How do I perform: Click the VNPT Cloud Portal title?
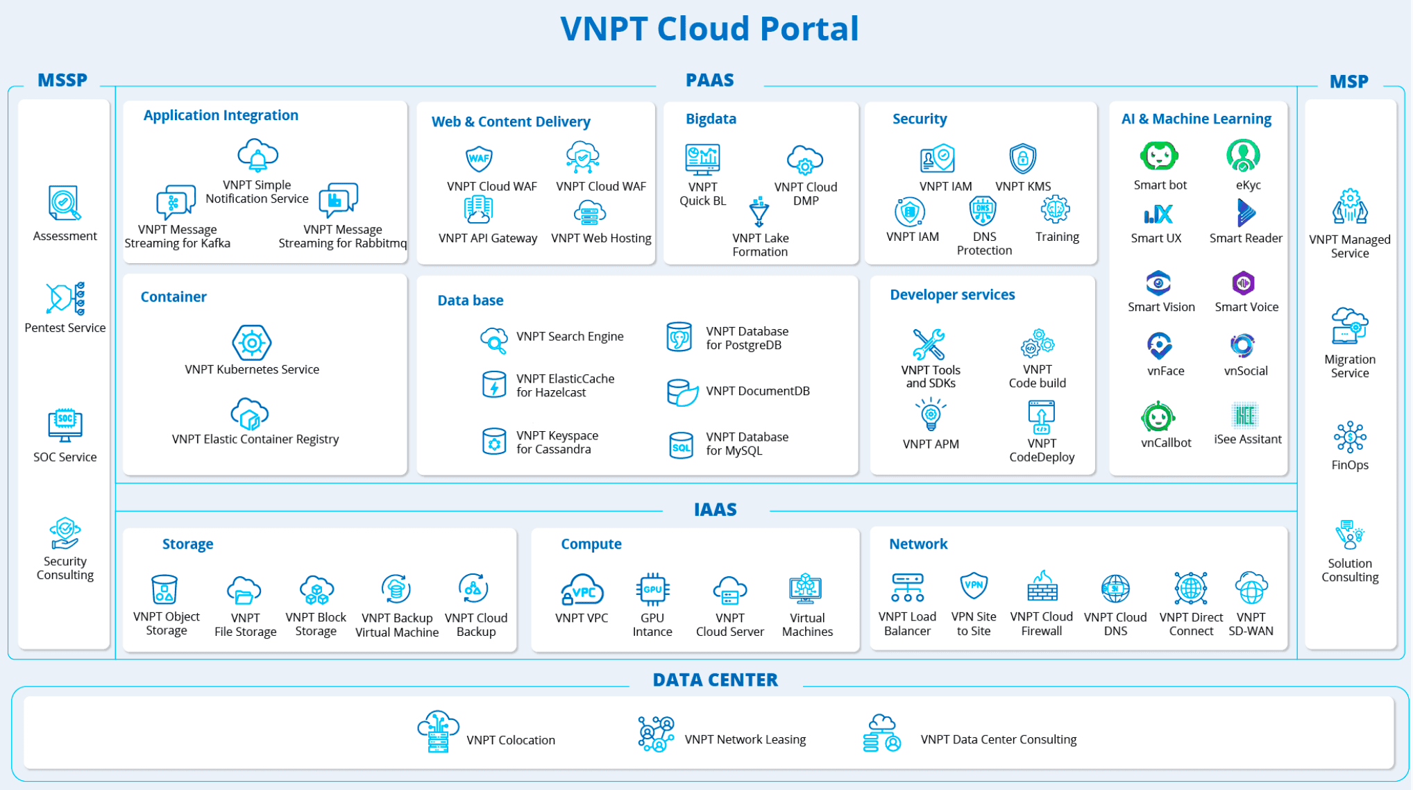pyautogui.click(x=709, y=29)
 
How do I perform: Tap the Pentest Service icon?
pyautogui.click(x=65, y=299)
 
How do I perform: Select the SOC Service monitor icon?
pyautogui.click(x=65, y=425)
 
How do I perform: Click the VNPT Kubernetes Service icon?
pyautogui.click(x=251, y=342)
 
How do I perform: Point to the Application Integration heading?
pyautogui.click(x=221, y=115)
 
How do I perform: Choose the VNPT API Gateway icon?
pyautogui.click(x=478, y=210)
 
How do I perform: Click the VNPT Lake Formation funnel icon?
pyautogui.click(x=759, y=212)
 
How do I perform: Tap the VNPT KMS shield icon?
pyautogui.click(x=1022, y=159)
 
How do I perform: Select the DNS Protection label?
pyautogui.click(x=984, y=244)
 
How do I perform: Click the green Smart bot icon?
pyautogui.click(x=1159, y=156)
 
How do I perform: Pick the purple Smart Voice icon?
pyautogui.click(x=1243, y=283)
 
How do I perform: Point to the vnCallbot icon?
pyautogui.click(x=1158, y=417)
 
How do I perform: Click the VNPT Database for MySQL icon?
pyautogui.click(x=681, y=445)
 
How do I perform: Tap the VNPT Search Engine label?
pyautogui.click(x=570, y=337)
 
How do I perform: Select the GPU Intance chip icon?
pyautogui.click(x=652, y=589)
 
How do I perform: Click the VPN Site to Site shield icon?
pyautogui.click(x=974, y=586)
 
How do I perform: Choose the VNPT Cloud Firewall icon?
pyautogui.click(x=1042, y=587)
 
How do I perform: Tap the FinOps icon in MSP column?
pyautogui.click(x=1349, y=437)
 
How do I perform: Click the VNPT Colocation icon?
pyautogui.click(x=438, y=732)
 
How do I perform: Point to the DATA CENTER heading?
pyautogui.click(x=715, y=680)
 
